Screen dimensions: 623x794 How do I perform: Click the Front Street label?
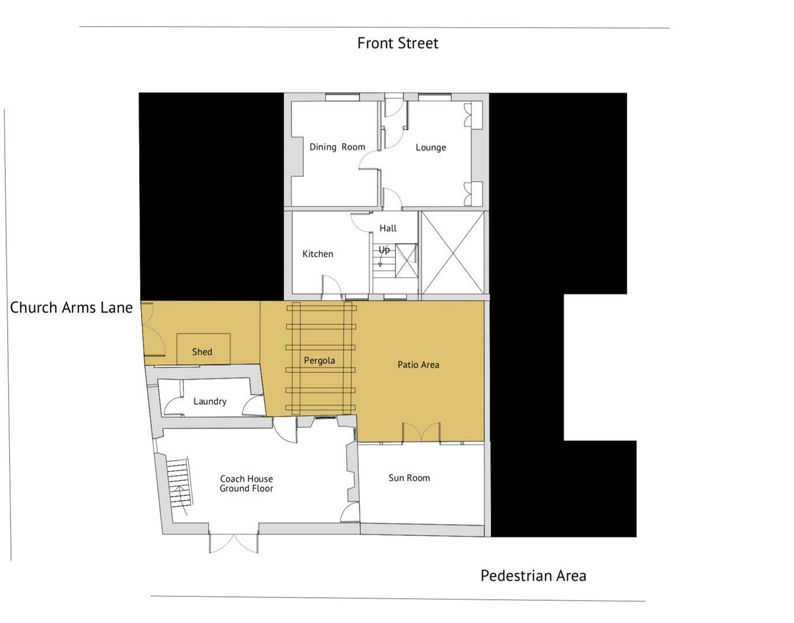coord(398,43)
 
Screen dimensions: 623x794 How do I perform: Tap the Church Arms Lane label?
coord(71,307)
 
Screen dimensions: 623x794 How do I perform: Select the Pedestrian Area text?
coord(533,576)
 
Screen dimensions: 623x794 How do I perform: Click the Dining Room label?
coord(337,147)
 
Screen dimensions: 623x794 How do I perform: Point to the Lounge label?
coord(430,148)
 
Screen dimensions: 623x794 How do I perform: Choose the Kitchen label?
coord(317,254)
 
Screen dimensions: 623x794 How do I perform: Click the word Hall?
coord(388,228)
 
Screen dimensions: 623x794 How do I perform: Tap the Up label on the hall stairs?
coord(384,250)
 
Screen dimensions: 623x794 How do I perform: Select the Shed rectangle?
coord(203,349)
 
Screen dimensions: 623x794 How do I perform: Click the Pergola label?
coord(319,361)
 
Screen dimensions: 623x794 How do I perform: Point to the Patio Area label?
coord(418,365)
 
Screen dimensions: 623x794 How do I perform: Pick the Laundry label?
coord(209,401)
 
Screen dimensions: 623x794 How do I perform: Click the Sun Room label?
coord(409,478)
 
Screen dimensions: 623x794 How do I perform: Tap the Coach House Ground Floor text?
coord(246,483)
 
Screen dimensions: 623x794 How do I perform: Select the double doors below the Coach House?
coord(233,543)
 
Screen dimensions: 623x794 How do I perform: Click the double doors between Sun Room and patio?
coord(421,433)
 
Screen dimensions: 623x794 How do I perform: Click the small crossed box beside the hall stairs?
coord(406,261)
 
